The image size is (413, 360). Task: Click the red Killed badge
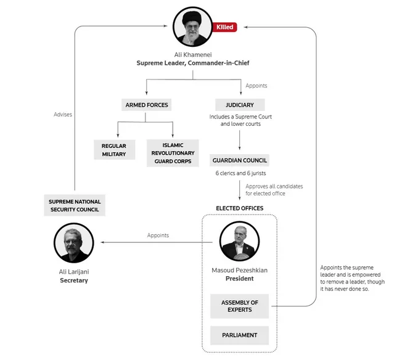(x=224, y=27)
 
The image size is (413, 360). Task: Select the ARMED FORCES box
(x=147, y=105)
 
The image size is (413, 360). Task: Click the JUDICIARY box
(x=239, y=105)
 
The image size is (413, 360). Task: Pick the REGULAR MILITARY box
(x=114, y=150)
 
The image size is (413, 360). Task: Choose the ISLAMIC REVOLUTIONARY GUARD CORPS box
(x=173, y=153)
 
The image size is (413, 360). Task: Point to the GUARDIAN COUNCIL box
(x=239, y=160)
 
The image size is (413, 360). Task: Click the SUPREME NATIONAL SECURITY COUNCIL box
(x=75, y=206)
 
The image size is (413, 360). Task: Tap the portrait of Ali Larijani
(x=73, y=243)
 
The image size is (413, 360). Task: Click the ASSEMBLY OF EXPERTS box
(x=240, y=306)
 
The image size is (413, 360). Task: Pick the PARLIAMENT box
(x=240, y=335)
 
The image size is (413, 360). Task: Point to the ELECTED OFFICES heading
(x=239, y=208)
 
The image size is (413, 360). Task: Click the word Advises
(x=62, y=115)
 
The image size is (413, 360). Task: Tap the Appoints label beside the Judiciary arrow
(x=256, y=86)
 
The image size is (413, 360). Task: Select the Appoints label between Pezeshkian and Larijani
(x=158, y=235)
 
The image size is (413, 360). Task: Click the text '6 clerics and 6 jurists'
(x=239, y=174)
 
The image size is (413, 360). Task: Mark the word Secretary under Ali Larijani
(x=74, y=280)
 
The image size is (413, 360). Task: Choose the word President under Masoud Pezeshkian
(x=239, y=279)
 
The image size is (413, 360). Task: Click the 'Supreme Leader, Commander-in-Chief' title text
(x=192, y=63)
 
